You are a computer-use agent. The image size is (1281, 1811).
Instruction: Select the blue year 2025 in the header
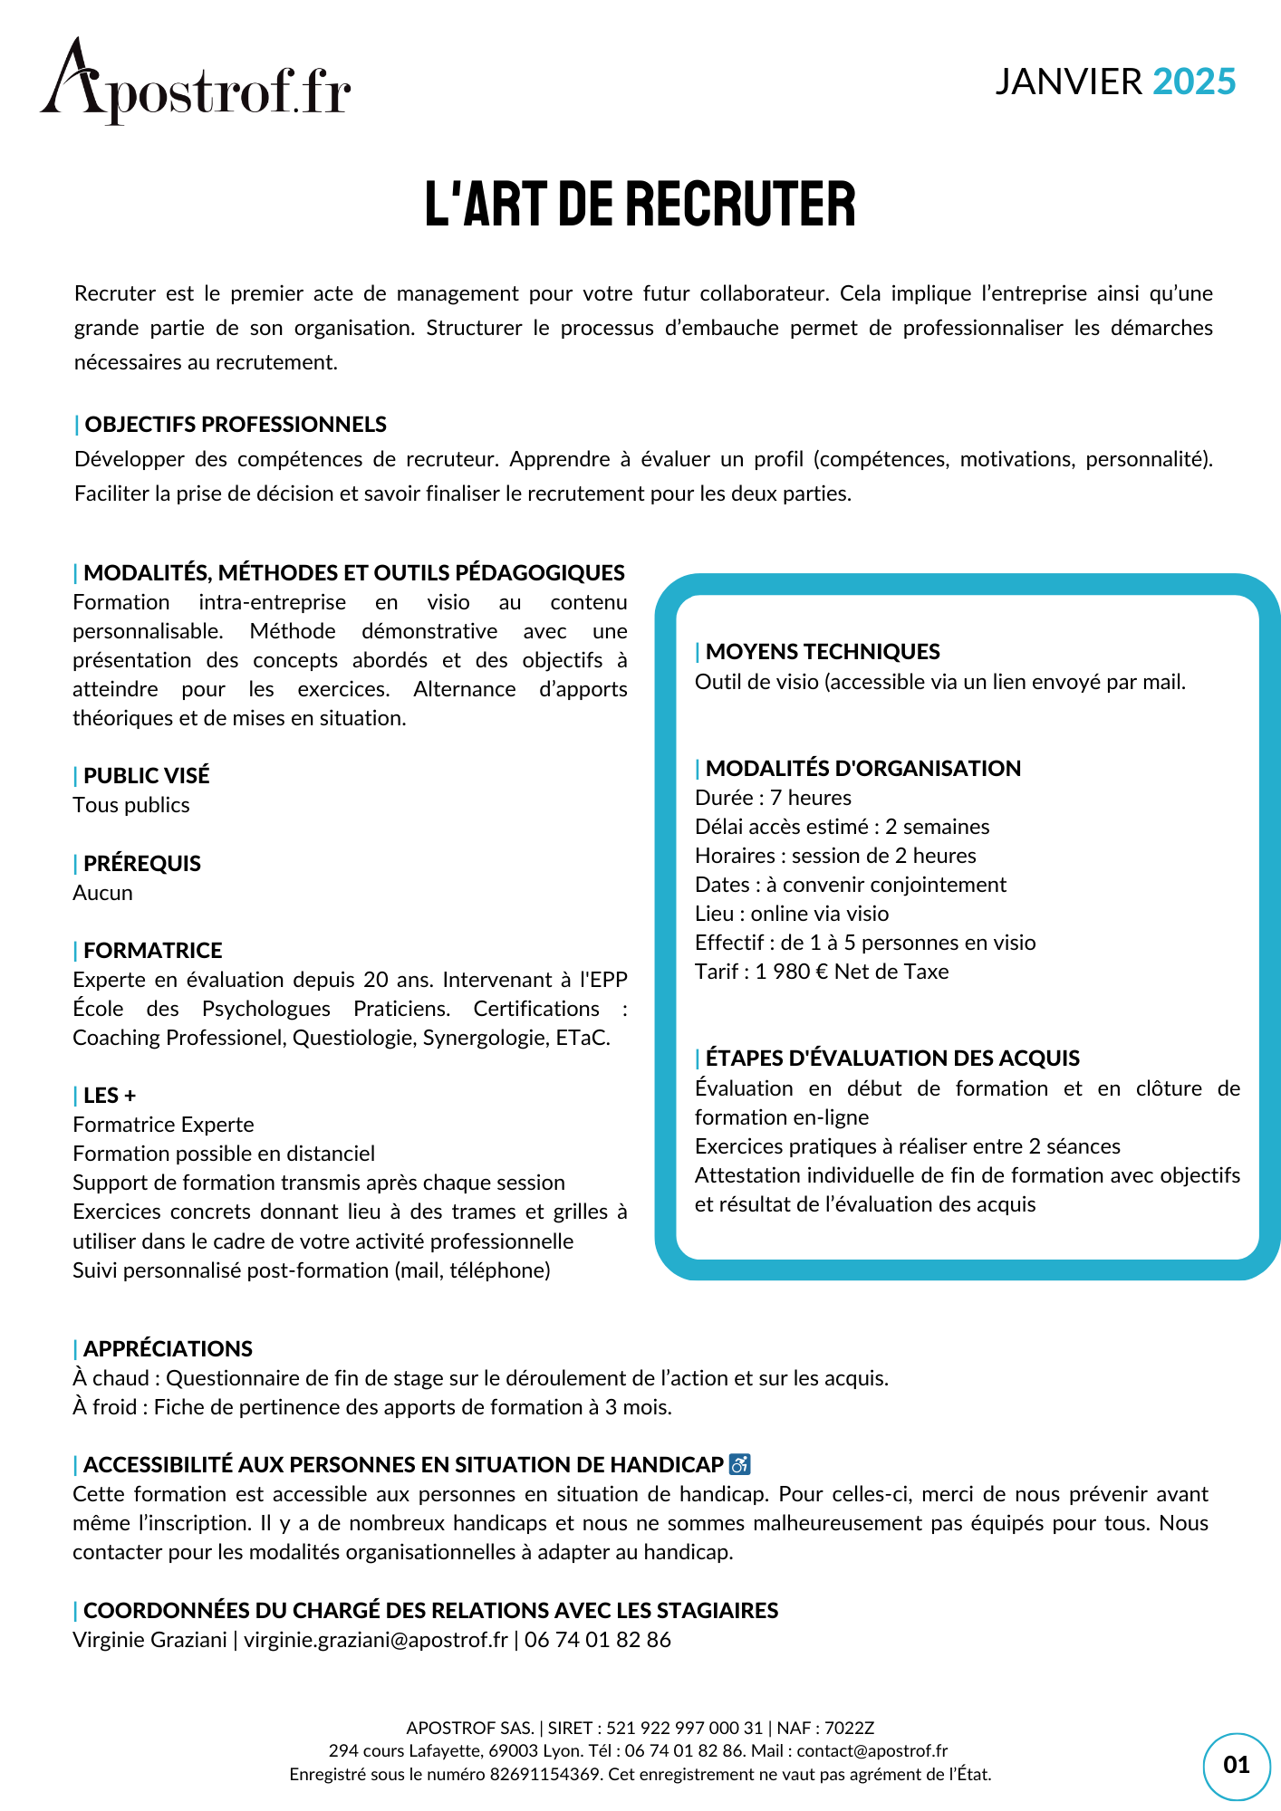point(1194,82)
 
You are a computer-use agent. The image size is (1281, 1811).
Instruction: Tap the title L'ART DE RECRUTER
point(640,205)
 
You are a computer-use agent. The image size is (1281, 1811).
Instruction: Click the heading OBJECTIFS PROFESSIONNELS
point(235,425)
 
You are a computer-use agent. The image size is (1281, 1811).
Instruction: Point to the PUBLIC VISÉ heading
point(146,776)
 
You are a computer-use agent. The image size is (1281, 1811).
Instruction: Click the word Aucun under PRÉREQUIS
point(102,893)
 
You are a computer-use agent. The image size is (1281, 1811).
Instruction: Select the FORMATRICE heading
point(152,951)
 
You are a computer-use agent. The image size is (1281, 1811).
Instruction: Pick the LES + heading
point(109,1096)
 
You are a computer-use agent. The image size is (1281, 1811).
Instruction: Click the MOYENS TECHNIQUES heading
point(822,652)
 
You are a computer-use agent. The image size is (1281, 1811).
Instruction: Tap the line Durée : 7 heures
point(773,798)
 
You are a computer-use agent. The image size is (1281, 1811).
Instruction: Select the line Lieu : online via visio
point(791,914)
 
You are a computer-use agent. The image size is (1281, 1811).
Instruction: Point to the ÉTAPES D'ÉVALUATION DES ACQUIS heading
point(891,1059)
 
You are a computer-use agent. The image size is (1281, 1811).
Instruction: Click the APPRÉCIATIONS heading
point(168,1349)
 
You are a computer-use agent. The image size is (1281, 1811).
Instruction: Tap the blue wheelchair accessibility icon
point(739,1464)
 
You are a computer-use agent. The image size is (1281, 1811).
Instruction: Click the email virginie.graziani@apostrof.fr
point(375,1640)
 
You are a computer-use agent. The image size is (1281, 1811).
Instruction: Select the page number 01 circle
point(1236,1765)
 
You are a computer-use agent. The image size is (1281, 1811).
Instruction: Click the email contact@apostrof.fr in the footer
point(872,1751)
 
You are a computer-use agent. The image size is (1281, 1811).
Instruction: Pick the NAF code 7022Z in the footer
point(849,1728)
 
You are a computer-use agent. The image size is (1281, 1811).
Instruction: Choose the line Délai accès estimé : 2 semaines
point(842,827)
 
